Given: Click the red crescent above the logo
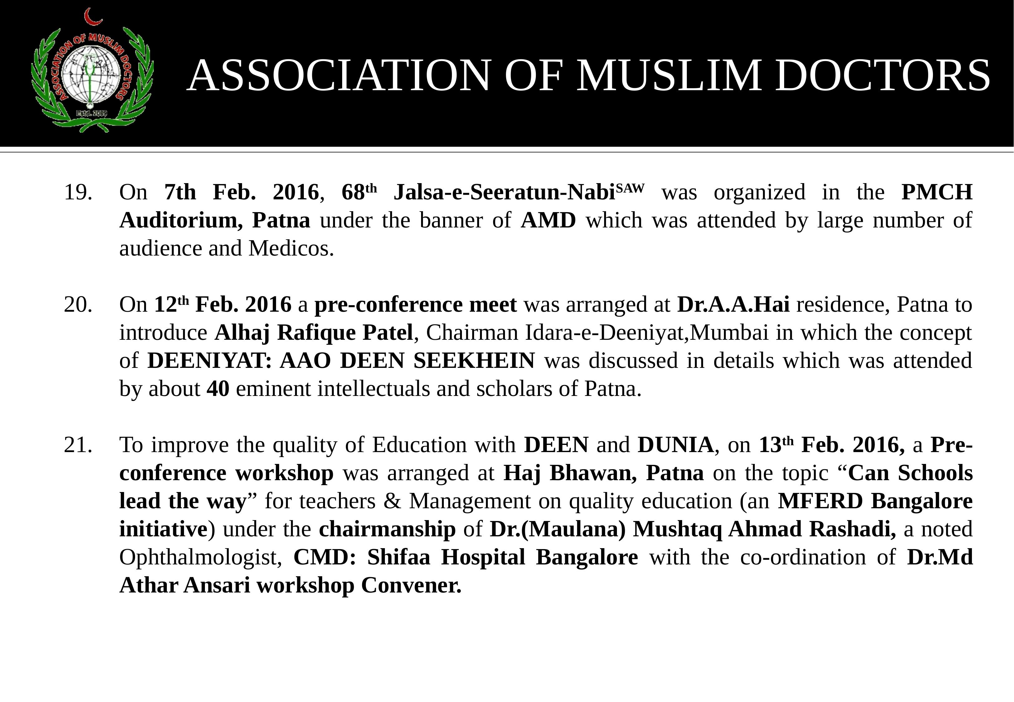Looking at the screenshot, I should pyautogui.click(x=93, y=17).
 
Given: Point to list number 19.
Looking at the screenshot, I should pyautogui.click(x=78, y=193).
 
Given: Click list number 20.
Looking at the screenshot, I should pyautogui.click(x=78, y=305).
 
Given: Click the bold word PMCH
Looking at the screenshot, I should pyautogui.click(x=937, y=193).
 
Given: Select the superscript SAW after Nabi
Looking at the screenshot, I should pyautogui.click(x=630, y=188).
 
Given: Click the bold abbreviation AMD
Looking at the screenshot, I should pyautogui.click(x=548, y=220).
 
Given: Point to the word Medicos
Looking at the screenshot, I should pyautogui.click(x=291, y=249).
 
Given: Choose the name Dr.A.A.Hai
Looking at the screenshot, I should pyautogui.click(x=733, y=305).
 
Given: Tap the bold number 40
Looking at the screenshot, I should pyautogui.click(x=218, y=389).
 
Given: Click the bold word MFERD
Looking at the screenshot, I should pyautogui.click(x=820, y=501).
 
